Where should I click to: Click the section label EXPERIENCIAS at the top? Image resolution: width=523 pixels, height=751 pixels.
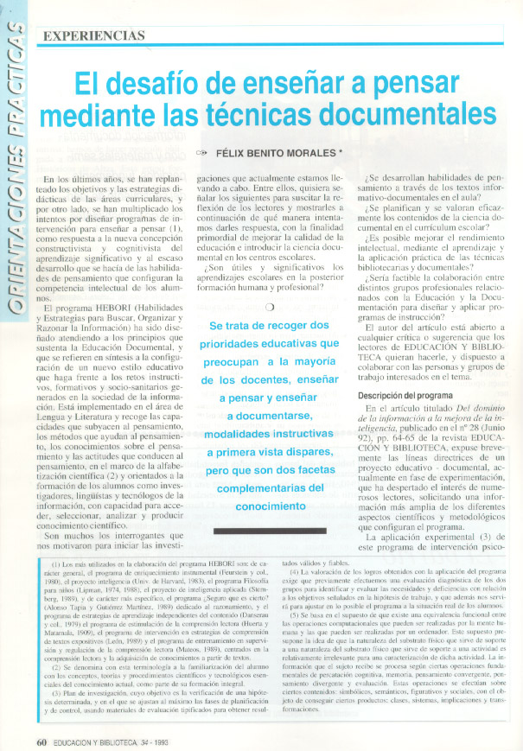(92, 35)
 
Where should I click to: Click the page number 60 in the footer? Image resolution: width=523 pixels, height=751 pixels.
(41, 741)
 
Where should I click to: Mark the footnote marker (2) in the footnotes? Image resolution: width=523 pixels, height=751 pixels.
(56, 668)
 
